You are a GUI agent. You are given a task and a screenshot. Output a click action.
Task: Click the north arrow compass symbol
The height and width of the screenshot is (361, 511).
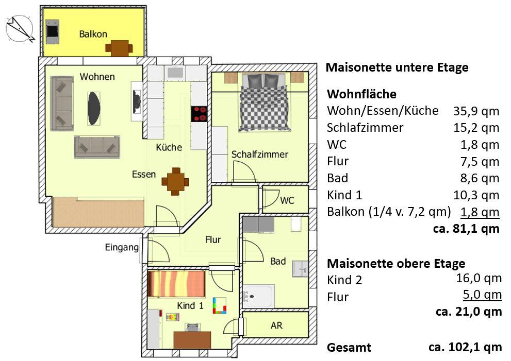tap(19, 29)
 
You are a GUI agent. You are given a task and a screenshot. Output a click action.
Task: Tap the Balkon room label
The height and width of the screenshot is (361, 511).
tap(93, 35)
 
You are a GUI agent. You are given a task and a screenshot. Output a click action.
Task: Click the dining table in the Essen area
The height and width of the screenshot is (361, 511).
tap(175, 181)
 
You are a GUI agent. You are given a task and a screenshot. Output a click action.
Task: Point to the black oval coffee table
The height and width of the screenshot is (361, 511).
tap(94, 105)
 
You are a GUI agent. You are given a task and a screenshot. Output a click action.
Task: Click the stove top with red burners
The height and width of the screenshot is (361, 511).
tap(199, 113)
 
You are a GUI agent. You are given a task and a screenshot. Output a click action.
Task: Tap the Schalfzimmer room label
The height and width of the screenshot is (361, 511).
tap(259, 154)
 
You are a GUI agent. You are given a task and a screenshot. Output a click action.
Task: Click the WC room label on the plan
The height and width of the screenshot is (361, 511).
tap(287, 200)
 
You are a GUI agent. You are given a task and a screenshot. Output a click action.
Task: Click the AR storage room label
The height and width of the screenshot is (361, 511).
tap(276, 326)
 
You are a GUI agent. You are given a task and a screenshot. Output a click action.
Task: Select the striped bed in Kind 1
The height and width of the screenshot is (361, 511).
tap(177, 284)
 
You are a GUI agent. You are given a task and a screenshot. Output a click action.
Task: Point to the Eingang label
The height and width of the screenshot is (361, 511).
tap(122, 248)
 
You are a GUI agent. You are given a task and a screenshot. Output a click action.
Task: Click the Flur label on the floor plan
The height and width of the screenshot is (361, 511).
tap(213, 239)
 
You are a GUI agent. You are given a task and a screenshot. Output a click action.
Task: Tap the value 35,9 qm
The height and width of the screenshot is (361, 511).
tap(476, 111)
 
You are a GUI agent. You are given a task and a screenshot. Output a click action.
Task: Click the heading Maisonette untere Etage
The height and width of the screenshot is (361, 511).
tap(398, 67)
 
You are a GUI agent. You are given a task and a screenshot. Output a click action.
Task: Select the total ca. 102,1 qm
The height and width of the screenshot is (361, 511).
tap(465, 347)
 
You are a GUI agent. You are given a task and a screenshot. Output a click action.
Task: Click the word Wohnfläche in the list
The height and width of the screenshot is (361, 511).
tap(362, 94)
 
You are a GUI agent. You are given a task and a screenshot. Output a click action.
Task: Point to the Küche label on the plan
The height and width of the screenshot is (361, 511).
tap(169, 147)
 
